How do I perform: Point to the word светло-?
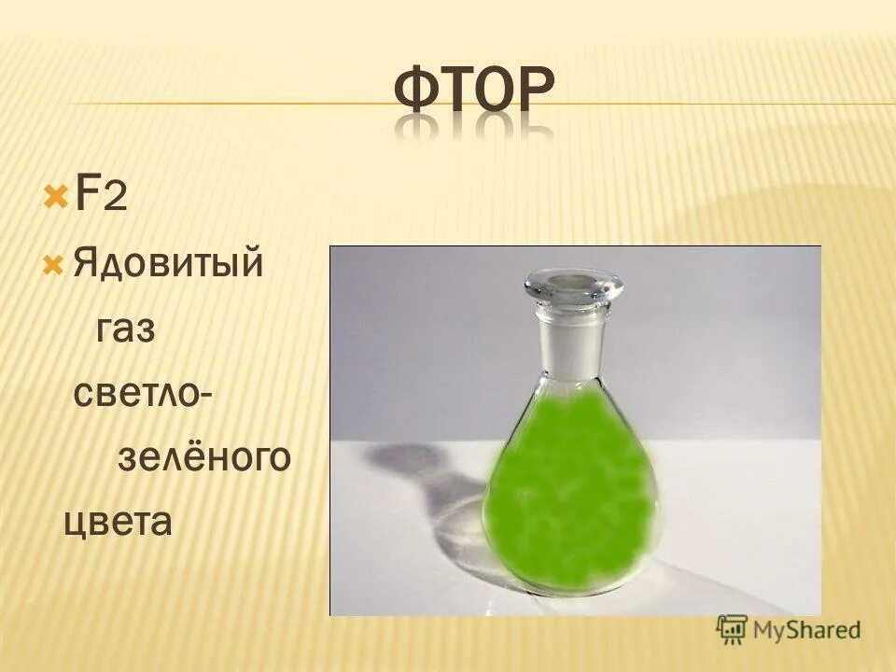tap(140, 393)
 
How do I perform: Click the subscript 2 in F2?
tap(115, 200)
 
